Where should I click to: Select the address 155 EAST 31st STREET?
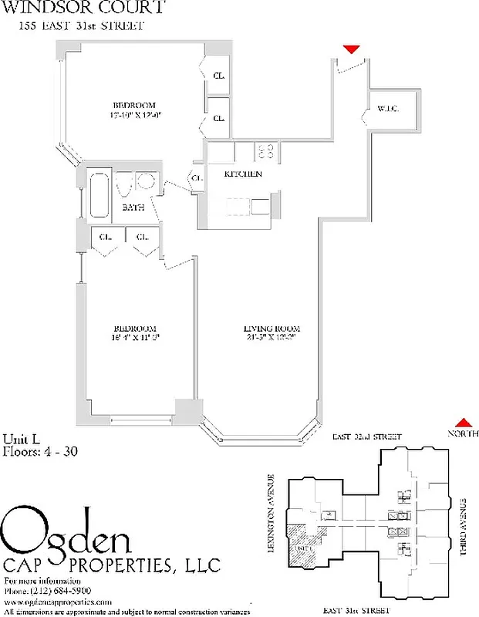pyautogui.click(x=81, y=26)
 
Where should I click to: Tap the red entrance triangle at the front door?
pyautogui.click(x=351, y=49)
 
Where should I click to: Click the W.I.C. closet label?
pyautogui.click(x=387, y=110)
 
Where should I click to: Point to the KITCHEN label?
pyautogui.click(x=243, y=174)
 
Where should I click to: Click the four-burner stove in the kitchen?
pyautogui.click(x=267, y=150)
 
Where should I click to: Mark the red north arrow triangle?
pyautogui.click(x=463, y=422)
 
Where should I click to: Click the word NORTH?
pyautogui.click(x=463, y=434)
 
